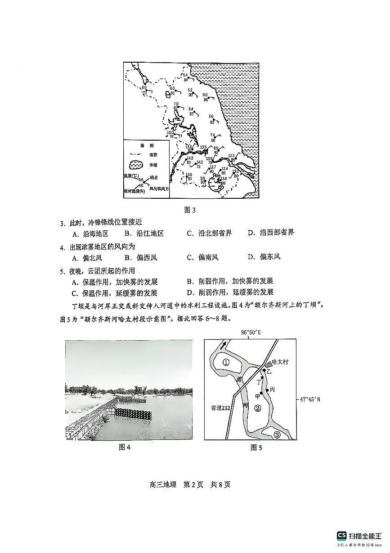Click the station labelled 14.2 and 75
tap(199, 165)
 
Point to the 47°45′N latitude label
tap(311, 399)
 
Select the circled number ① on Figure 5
tap(226, 362)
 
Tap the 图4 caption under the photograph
tap(124, 447)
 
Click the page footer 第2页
tap(194, 485)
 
